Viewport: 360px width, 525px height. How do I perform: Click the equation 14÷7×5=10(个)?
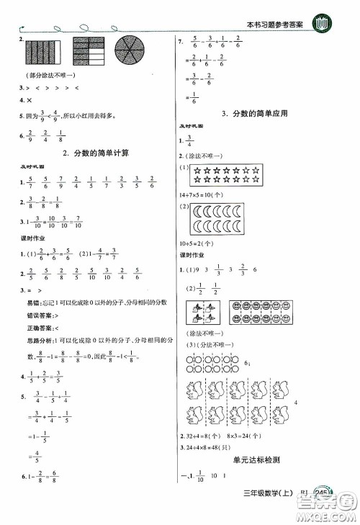[206, 196]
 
